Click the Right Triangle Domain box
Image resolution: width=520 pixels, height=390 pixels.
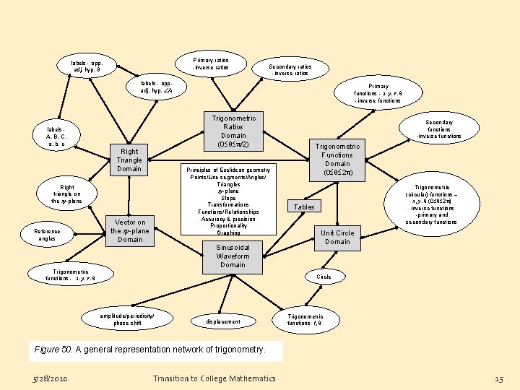click(x=129, y=160)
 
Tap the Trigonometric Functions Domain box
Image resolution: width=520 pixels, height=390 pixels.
click(x=337, y=160)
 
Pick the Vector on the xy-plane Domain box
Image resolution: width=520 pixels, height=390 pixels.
click(x=130, y=230)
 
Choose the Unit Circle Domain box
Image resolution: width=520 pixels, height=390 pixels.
click(x=337, y=238)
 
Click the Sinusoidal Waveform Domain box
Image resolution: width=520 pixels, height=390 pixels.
click(x=233, y=256)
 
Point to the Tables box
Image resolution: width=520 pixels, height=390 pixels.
click(x=304, y=207)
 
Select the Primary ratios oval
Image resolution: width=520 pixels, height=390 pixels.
click(x=210, y=64)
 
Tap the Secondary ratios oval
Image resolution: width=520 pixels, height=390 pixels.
click(x=289, y=70)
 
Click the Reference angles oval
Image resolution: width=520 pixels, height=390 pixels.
click(x=47, y=234)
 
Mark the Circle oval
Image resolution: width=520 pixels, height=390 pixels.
click(x=324, y=277)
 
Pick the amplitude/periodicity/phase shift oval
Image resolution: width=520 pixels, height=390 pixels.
click(x=127, y=319)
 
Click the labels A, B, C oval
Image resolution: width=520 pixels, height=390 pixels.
click(x=56, y=136)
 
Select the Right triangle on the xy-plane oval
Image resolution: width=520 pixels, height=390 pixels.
click(x=66, y=194)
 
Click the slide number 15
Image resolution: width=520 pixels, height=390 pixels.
click(x=498, y=378)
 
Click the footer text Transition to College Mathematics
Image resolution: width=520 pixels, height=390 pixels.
click(x=214, y=378)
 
